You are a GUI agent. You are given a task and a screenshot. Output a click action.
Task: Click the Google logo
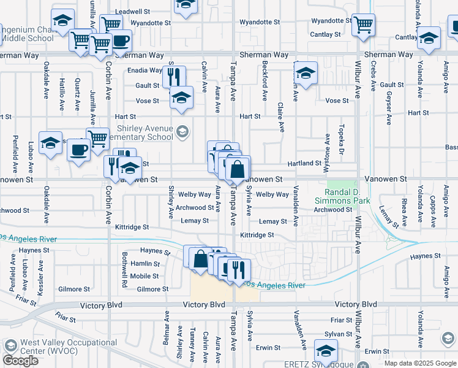pos(20,361)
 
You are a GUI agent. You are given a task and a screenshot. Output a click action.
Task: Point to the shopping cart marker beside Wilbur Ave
pos(363,25)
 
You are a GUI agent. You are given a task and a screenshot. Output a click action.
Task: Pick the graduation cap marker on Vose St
pos(181,98)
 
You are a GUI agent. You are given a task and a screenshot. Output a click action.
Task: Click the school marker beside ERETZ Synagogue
pos(326,351)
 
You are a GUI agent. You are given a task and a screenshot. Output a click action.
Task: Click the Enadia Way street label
pos(145,71)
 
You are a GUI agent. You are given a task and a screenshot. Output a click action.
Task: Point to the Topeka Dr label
pos(335,142)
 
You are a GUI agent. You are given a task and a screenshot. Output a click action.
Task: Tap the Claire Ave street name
pos(281,117)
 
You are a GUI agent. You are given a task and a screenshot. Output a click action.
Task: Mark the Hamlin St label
pos(145,264)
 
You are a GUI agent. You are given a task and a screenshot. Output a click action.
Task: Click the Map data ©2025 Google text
pos(419,363)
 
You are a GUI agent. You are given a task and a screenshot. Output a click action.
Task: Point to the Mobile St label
pos(145,276)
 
